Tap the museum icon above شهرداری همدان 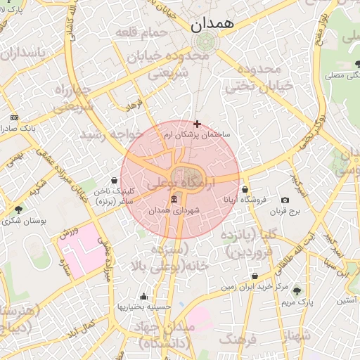pos(174,199)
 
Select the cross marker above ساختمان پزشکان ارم pos(197,124)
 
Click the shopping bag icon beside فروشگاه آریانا pos(245,189)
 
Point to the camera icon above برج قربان pos(285,200)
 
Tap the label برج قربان pos(286,210)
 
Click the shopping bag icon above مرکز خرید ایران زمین pos(255,276)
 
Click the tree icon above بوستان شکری pos(18,210)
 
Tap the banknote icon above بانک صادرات pos(14,117)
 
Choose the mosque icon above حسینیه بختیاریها pos(144,296)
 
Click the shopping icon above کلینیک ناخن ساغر pos(115,180)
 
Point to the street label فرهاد pos(133,106)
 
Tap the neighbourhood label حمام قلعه pos(144,32)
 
